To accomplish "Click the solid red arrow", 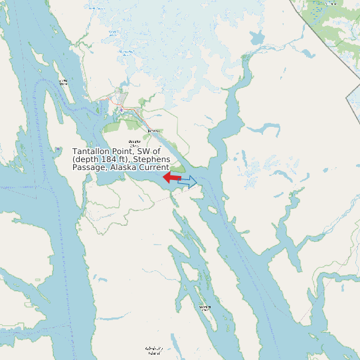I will (x=172, y=177).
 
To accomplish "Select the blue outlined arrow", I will (x=188, y=181).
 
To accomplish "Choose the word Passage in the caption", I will (x=89, y=168).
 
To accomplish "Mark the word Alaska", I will (x=123, y=168).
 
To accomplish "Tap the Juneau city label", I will (x=155, y=131).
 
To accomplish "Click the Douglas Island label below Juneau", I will (x=135, y=143).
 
